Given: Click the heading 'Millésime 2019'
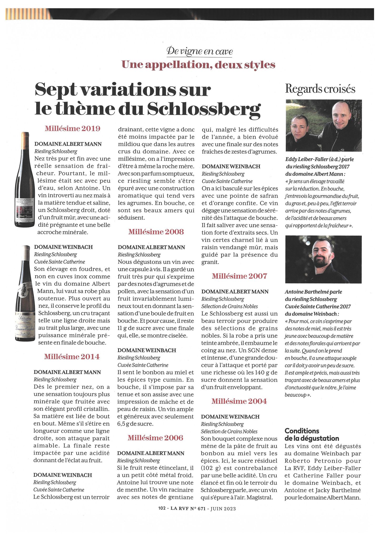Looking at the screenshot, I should pos(72,129).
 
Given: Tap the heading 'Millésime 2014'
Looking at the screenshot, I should pos(72,357).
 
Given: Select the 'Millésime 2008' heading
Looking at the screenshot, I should pos(156,232).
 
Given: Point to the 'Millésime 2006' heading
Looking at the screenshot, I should pos(155,438).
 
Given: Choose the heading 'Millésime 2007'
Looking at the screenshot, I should pos(239,276).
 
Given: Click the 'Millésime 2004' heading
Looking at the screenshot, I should pos(239,401).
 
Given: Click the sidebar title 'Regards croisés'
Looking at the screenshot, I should pos(320,89).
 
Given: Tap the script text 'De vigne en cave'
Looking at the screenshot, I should pos(200,51).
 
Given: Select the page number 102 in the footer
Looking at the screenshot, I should pos(162,508).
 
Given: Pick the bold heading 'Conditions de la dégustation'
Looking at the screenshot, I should pos(312,434).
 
